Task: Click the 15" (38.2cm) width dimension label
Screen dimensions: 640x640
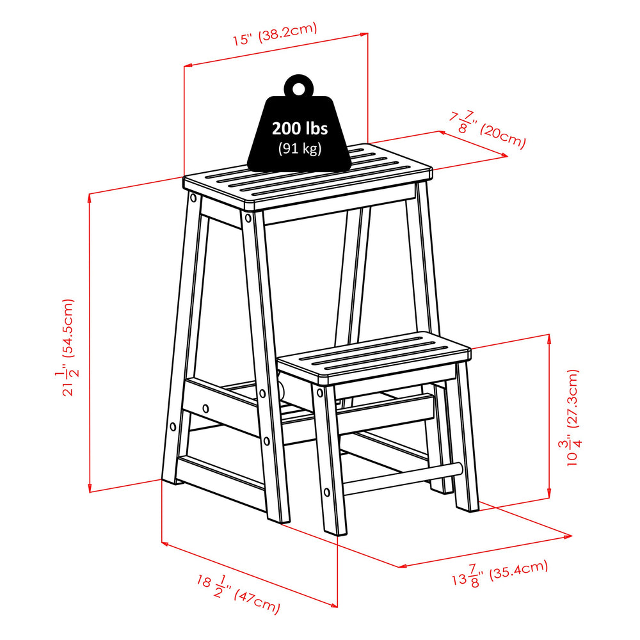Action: [x=275, y=36]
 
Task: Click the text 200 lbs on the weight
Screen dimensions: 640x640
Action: [x=300, y=128]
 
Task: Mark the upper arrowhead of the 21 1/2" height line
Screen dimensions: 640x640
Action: [x=90, y=197]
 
